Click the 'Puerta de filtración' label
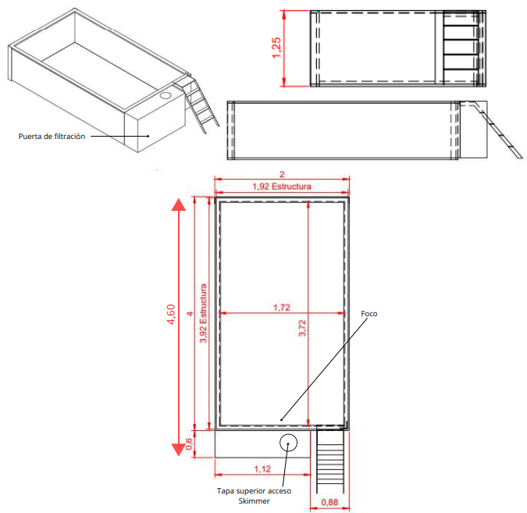click(x=52, y=136)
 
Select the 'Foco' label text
click(x=369, y=314)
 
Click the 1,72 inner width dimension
click(x=281, y=308)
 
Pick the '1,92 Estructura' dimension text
click(x=281, y=187)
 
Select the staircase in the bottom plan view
click(x=330, y=461)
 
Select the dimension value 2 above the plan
click(x=281, y=174)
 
